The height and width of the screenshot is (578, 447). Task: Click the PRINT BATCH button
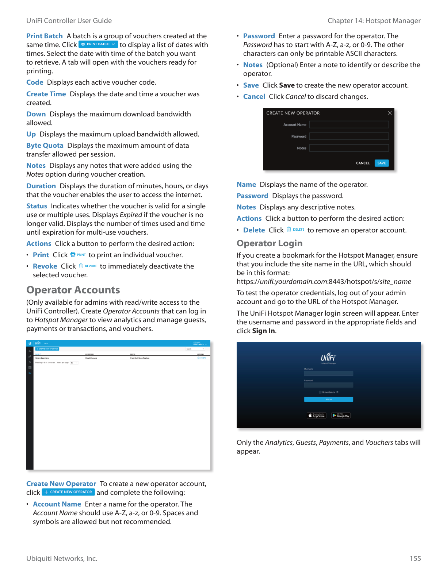98,44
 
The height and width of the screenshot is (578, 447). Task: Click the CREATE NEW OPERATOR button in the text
68,492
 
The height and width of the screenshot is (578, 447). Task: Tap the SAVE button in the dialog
382,163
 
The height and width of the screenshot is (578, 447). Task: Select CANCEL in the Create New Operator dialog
363,163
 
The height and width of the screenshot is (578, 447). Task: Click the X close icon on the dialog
390,113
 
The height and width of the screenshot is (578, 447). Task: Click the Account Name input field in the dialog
349,125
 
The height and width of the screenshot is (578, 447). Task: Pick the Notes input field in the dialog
349,148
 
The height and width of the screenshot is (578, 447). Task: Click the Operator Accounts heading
73,290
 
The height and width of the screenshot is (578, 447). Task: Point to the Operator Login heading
270,243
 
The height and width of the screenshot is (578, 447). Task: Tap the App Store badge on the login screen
316,416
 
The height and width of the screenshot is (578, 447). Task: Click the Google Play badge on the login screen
341,416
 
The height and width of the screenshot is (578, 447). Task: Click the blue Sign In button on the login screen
328,400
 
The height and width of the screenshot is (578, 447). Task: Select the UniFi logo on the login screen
328,357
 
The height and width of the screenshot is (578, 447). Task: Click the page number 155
415,559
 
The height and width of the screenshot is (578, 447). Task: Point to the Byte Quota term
45,146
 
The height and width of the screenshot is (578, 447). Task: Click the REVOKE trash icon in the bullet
81,266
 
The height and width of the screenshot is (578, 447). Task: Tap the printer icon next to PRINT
73,255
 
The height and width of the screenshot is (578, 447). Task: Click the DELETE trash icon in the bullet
289,230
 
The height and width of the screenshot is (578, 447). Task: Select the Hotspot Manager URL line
324,282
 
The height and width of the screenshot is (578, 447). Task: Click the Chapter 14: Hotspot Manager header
374,21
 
